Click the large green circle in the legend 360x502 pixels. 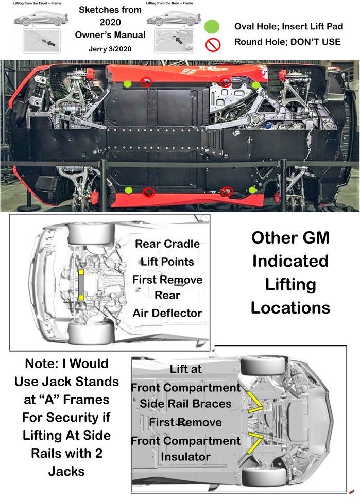point(212,26)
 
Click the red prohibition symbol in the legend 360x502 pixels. point(213,45)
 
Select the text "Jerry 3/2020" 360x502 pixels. point(110,49)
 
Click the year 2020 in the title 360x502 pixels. point(110,22)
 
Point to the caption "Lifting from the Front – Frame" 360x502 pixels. point(37,3)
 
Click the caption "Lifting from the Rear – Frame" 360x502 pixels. point(169,3)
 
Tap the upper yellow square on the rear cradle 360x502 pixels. point(81,272)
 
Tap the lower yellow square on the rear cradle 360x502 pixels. point(81,298)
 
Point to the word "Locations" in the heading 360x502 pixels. point(290,308)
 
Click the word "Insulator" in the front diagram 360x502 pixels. point(186,457)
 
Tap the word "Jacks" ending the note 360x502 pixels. point(66,471)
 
